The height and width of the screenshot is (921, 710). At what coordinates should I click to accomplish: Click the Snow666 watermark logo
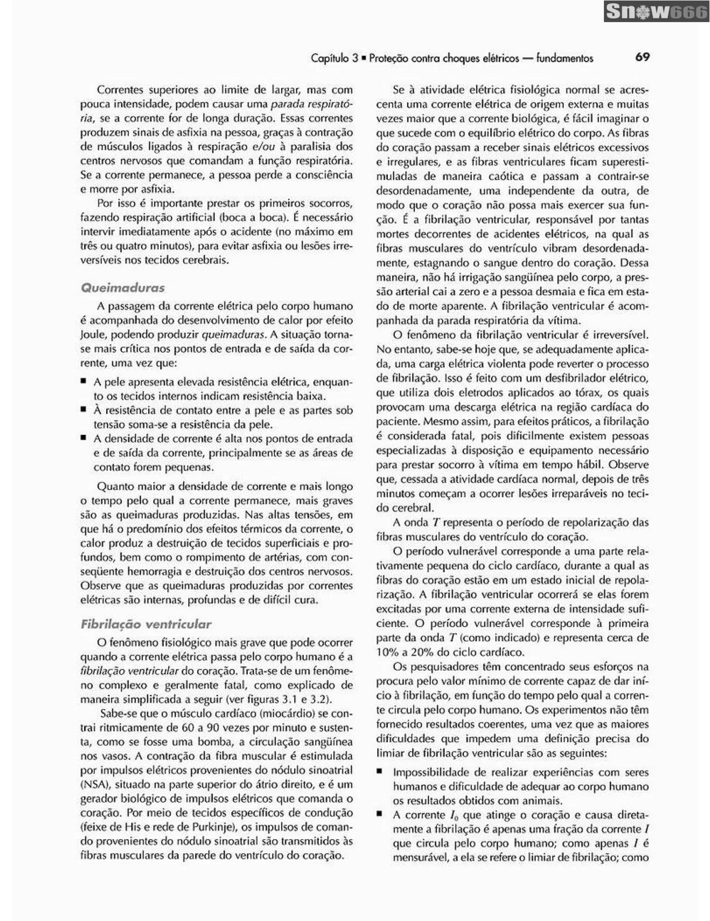(656, 11)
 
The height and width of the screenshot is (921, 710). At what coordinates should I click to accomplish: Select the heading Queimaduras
(122, 288)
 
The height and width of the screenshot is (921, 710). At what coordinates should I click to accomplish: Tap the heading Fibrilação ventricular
(146, 624)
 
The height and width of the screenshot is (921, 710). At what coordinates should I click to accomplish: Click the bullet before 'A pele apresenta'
(84, 381)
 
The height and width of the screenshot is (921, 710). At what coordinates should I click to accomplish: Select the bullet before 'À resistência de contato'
(84, 409)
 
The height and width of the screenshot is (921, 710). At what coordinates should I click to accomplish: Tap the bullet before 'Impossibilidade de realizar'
(380, 771)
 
